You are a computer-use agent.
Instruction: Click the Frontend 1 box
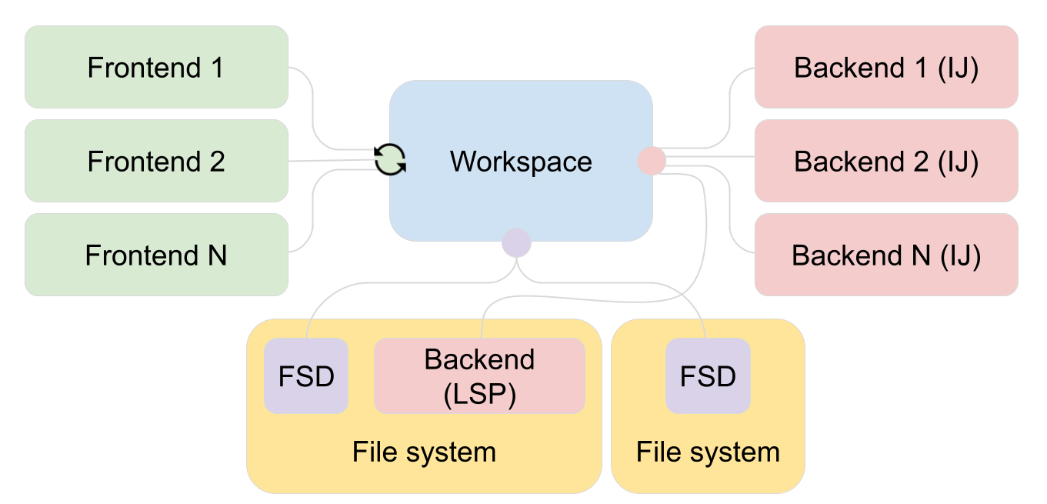[156, 68]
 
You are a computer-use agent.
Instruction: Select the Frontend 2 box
[156, 162]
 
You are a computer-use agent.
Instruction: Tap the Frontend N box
[156, 255]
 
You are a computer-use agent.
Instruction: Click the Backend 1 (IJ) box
[886, 68]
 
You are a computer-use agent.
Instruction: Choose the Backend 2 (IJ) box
[886, 162]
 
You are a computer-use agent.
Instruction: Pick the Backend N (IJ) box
[886, 255]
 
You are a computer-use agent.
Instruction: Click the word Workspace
[521, 162]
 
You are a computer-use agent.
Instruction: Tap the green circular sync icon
[390, 160]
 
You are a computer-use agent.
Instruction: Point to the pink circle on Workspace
[652, 161]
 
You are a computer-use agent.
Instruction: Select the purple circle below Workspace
[516, 243]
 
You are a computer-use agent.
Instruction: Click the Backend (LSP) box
[479, 376]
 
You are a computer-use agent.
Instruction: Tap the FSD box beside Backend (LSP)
[306, 376]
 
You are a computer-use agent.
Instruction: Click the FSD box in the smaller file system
[708, 376]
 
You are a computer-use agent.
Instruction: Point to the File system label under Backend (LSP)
[424, 452]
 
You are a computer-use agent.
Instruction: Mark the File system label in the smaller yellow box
[708, 452]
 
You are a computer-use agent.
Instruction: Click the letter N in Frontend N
[216, 255]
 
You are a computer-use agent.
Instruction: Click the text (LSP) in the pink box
[479, 394]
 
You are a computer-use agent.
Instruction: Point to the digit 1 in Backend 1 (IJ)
[920, 68]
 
